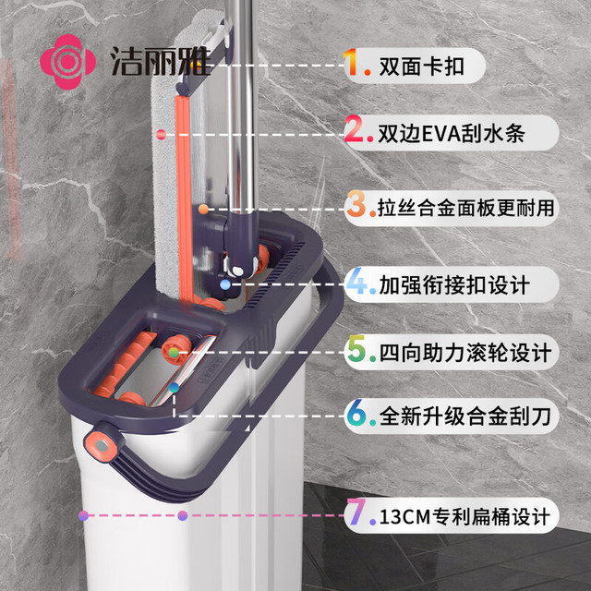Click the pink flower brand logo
pyautogui.click(x=67, y=62)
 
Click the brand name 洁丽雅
pyautogui.click(x=161, y=62)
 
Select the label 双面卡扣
pyautogui.click(x=421, y=66)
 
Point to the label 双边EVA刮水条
pyautogui.click(x=452, y=133)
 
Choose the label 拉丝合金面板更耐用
pyautogui.click(x=465, y=209)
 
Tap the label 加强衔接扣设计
pyautogui.click(x=454, y=285)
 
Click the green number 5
pyautogui.click(x=356, y=348)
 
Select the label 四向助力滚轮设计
pyautogui.click(x=465, y=353)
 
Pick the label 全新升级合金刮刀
pyautogui.click(x=465, y=416)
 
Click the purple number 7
pyautogui.click(x=356, y=512)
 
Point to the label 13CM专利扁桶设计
pyautogui.click(x=464, y=516)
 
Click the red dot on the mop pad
pyautogui.click(x=161, y=135)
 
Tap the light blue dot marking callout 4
pyautogui.click(x=225, y=284)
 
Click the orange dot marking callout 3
pyautogui.click(x=203, y=210)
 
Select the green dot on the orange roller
pyautogui.click(x=174, y=353)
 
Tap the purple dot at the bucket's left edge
pyautogui.click(x=84, y=515)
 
